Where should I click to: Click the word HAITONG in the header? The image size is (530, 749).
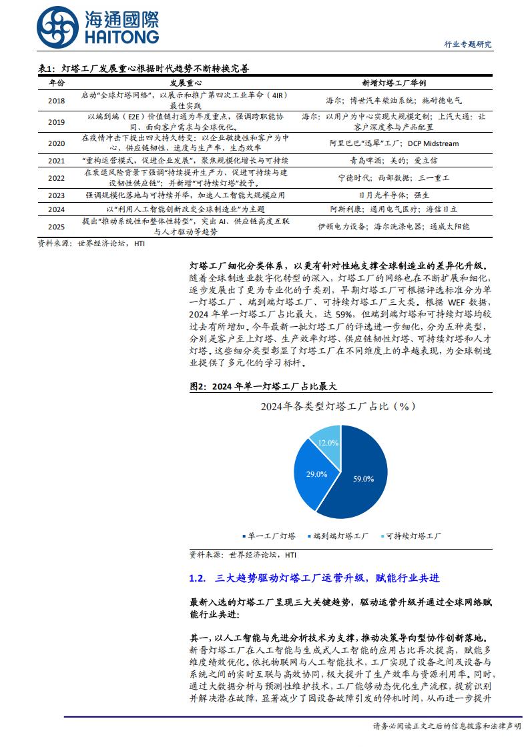point(121,37)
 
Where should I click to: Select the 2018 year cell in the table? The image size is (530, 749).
point(57,100)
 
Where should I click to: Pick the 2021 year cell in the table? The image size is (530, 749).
point(57,161)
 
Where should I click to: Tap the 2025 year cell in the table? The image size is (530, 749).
point(57,226)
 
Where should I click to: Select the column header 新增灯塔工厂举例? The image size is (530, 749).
point(394,83)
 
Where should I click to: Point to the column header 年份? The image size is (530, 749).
point(57,83)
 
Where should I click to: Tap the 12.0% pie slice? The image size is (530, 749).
point(327,442)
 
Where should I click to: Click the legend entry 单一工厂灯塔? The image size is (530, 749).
point(270,536)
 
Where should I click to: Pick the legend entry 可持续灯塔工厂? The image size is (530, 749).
point(411,536)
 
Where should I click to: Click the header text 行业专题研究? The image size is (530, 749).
point(467,45)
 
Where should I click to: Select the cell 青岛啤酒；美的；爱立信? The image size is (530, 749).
point(394,161)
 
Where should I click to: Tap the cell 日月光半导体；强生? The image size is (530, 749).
point(394,195)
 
